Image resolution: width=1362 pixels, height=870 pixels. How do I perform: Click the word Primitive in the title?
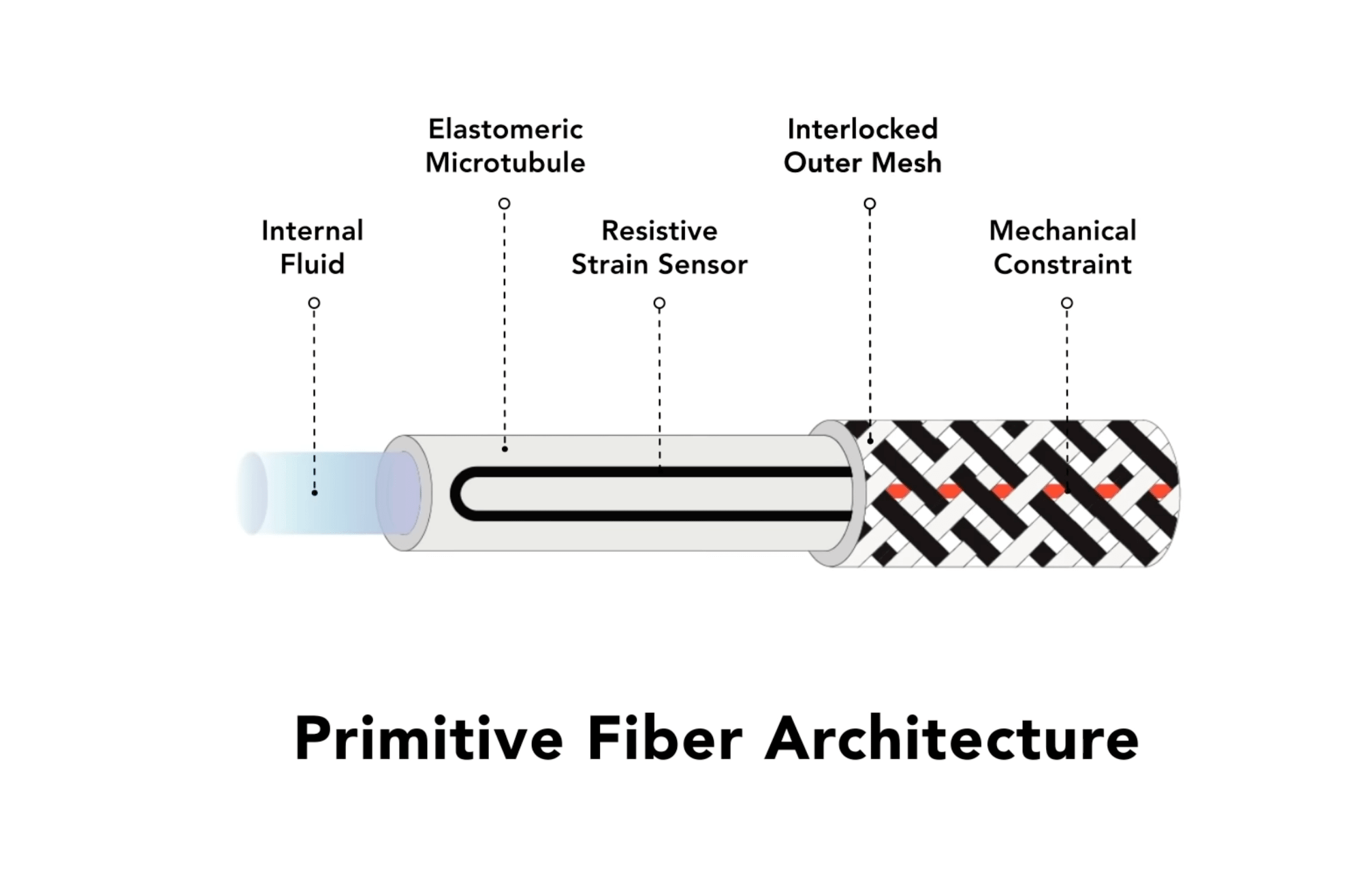(429, 739)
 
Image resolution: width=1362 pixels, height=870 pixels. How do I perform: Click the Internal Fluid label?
(313, 247)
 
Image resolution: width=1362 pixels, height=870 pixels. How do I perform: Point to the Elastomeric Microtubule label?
(505, 146)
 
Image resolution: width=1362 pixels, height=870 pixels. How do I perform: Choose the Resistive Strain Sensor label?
(659, 247)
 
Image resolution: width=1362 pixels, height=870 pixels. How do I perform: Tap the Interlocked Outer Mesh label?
(863, 146)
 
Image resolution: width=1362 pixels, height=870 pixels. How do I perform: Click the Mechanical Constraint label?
(1063, 247)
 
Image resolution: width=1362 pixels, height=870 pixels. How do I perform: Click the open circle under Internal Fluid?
(314, 303)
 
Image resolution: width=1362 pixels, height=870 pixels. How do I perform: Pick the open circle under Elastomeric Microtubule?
(504, 204)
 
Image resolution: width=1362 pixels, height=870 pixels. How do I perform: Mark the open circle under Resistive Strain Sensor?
(659, 303)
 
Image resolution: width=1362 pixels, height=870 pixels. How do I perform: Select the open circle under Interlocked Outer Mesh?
(870, 204)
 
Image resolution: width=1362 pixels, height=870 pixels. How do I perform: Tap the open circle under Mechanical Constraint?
(1067, 303)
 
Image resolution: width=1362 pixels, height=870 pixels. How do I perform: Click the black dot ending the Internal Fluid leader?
(314, 492)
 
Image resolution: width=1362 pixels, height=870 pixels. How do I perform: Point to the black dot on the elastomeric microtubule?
(505, 449)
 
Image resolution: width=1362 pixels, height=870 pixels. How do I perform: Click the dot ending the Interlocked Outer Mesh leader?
(870, 441)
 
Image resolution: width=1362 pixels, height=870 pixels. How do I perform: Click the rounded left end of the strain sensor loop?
(455, 494)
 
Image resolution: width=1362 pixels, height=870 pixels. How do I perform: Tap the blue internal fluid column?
(320, 493)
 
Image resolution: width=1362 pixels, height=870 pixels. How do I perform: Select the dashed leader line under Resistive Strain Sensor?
(659, 389)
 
